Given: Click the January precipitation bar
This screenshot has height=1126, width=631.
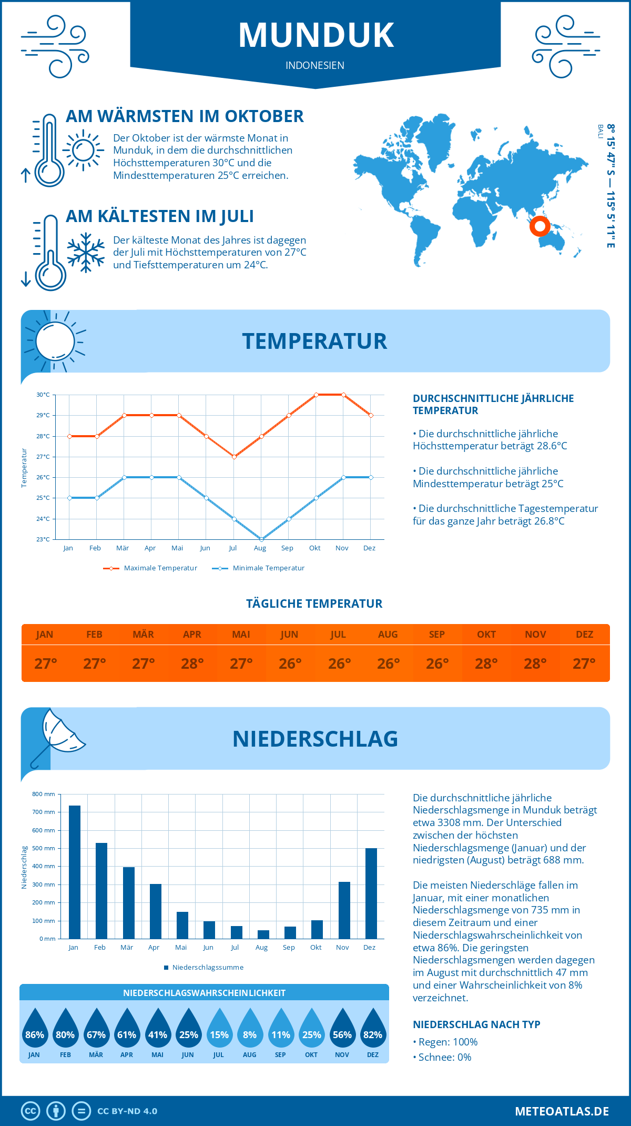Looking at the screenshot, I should pyautogui.click(x=75, y=872).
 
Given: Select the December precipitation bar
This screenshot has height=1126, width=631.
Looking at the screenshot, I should pyautogui.click(x=371, y=893).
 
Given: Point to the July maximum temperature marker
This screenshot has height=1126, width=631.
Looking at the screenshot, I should pyautogui.click(x=234, y=457).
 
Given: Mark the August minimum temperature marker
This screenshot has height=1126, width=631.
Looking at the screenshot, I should pyautogui.click(x=261, y=539).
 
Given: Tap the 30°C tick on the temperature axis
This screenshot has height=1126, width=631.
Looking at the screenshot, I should pyautogui.click(x=43, y=395).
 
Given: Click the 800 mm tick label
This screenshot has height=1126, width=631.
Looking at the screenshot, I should pyautogui.click(x=44, y=794).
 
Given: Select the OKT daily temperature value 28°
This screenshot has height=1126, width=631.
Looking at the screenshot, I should pyautogui.click(x=486, y=663).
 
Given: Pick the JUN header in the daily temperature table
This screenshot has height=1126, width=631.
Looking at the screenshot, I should pyautogui.click(x=289, y=635).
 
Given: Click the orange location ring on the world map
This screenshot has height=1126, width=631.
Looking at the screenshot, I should pyautogui.click(x=540, y=226).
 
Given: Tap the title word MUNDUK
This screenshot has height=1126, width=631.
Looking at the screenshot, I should pyautogui.click(x=316, y=35).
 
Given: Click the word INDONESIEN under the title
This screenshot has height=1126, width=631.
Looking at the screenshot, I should pyautogui.click(x=315, y=65).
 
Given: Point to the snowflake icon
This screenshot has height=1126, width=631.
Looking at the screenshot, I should pyautogui.click(x=86, y=253).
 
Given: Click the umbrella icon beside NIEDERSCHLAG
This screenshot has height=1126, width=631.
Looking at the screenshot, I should pyautogui.click(x=57, y=736).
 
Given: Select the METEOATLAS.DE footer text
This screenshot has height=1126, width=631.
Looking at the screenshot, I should pyautogui.click(x=562, y=1111).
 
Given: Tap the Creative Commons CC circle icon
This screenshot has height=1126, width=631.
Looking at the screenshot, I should pyautogui.click(x=30, y=1111).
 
